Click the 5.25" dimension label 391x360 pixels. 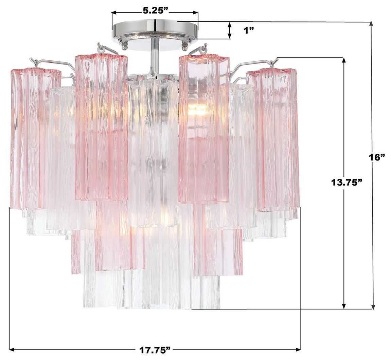click(155, 11)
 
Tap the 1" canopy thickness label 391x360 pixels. click(249, 30)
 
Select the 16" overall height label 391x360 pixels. click(377, 157)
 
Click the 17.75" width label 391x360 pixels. click(154, 349)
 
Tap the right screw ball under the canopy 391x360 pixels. click(185, 44)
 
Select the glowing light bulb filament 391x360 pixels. click(197, 109)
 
